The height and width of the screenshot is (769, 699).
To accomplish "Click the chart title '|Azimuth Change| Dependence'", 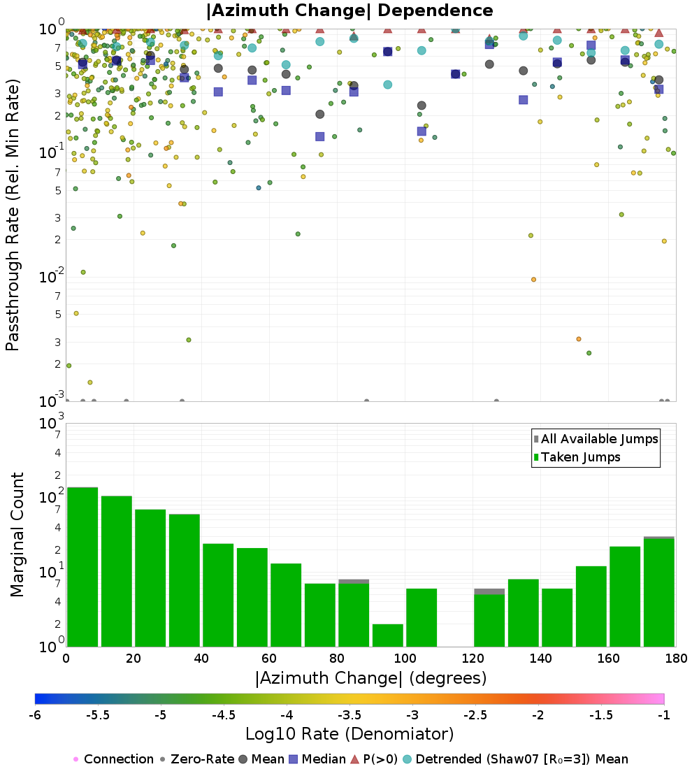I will click(349, 11).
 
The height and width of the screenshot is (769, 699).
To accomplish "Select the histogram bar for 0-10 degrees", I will click(82, 566).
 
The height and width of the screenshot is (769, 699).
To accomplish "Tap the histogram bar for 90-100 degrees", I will click(387, 635).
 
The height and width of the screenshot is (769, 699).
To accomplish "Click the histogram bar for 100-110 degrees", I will click(421, 617).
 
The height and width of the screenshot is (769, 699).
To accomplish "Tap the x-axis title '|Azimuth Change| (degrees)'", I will click(370, 678).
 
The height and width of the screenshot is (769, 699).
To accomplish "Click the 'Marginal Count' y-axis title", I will click(17, 535).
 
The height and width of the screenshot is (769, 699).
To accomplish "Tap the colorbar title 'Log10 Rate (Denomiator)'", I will click(349, 734).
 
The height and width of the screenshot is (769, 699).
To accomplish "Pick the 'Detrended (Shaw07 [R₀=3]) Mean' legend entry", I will click(521, 759).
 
